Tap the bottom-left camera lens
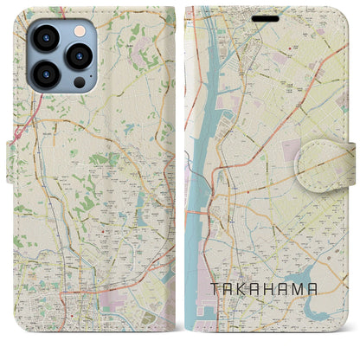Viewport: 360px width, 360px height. click(x=47, y=74)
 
